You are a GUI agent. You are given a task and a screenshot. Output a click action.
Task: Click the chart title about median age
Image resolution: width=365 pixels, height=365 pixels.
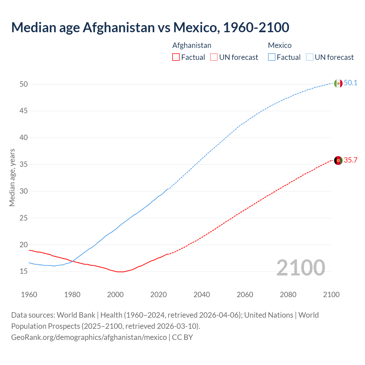[x=150, y=27]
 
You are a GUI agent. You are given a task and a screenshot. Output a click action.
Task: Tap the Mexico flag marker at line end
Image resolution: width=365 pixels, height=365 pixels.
[x=338, y=83]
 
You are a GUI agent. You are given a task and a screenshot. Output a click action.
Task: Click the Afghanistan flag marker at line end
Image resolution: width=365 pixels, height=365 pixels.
[x=338, y=160]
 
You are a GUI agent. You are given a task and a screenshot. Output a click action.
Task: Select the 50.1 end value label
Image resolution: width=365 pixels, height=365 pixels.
[x=350, y=83]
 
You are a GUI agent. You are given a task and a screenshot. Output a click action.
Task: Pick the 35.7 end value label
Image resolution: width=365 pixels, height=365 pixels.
[x=350, y=160]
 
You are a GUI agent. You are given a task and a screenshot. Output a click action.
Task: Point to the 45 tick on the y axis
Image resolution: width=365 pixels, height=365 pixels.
[x=24, y=111]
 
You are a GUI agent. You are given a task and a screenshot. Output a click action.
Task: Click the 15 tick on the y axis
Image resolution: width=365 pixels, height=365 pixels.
[x=24, y=271]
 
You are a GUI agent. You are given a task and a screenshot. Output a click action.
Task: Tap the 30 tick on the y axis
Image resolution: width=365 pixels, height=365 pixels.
[x=24, y=191]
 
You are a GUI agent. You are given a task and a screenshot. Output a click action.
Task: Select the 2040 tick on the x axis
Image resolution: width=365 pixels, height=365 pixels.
[x=202, y=295]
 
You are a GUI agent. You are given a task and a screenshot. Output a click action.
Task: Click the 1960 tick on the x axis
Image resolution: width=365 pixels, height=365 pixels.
[x=29, y=295]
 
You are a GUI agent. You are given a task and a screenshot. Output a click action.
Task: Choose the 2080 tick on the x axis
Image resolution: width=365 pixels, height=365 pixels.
[x=288, y=295]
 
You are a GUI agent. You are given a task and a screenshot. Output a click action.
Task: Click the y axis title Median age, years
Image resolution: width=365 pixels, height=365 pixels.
[x=12, y=177]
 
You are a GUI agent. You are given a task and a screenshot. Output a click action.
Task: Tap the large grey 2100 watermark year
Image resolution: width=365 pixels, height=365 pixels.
[x=301, y=267]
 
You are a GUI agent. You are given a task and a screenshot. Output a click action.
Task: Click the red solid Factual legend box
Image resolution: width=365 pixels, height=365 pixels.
[x=176, y=57]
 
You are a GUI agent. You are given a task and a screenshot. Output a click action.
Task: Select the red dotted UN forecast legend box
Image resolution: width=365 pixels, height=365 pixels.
[x=214, y=57]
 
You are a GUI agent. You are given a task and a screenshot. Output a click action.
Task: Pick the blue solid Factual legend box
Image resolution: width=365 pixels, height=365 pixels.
[x=271, y=57]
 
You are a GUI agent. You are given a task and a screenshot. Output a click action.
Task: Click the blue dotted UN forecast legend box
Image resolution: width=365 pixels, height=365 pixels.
[x=309, y=57]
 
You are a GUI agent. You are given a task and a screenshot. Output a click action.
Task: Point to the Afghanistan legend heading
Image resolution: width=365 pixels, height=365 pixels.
[x=192, y=45]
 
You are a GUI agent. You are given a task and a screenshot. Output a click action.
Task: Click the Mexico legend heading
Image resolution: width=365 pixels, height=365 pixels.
[x=279, y=45]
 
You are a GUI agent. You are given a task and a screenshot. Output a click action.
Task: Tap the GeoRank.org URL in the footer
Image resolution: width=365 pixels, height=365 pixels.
[x=89, y=337]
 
